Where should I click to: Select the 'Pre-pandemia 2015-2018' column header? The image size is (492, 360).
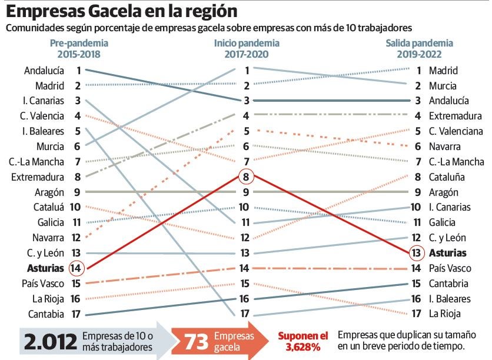79,49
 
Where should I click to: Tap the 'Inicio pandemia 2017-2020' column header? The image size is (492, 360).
247,49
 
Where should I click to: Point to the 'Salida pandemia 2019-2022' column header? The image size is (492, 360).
419,49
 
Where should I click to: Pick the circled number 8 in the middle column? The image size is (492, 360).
247,176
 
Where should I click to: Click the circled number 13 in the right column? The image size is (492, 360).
416,253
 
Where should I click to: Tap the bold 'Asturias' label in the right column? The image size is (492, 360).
447,253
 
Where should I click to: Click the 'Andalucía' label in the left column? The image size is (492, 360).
44,71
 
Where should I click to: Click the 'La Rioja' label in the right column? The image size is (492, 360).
444,314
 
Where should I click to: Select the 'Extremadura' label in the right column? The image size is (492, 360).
455,116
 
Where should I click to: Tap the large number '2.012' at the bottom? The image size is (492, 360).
50,341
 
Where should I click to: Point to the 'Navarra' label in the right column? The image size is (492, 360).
445,146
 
